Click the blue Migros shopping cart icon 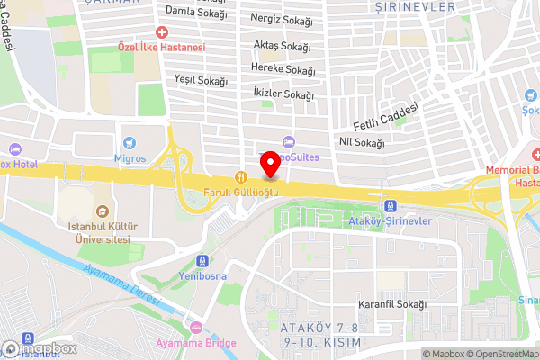point(130,142)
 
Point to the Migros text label point(130,158)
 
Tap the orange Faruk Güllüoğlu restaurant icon point(240,176)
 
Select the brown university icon point(102,211)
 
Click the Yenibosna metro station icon point(202,259)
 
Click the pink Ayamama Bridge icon point(196,328)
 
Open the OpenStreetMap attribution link point(503,354)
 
